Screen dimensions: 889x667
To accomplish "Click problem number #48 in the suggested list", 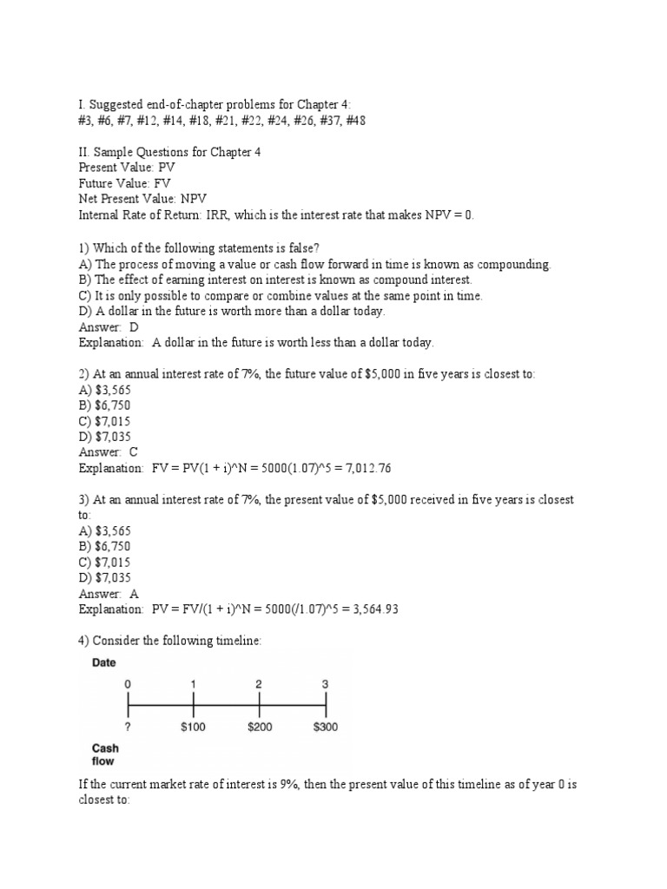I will point(353,121).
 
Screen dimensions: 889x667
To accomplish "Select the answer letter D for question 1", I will point(134,326).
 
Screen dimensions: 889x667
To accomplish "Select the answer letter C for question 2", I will point(134,452).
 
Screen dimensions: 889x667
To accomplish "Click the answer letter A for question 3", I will point(134,593).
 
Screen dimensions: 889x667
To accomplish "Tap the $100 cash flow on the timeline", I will point(193,728).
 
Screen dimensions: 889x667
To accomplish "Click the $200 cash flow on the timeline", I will point(259,728).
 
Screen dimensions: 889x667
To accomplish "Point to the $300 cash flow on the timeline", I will point(326,728).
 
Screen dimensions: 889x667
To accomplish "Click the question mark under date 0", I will point(128,728).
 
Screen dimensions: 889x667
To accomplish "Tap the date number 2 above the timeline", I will point(259,684).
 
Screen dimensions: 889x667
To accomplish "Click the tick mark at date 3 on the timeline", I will point(326,702).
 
